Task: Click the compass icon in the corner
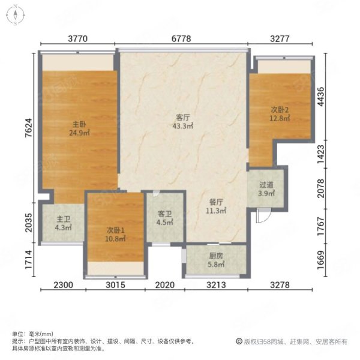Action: click(15, 15)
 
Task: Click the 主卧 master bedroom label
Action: click(79, 124)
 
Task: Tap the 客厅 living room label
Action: click(183, 118)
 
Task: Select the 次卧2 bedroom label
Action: click(280, 110)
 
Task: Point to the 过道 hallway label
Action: click(266, 185)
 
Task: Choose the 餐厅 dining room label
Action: click(216, 202)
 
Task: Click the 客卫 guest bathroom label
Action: click(165, 214)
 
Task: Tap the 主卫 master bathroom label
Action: click(64, 219)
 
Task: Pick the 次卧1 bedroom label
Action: click(115, 230)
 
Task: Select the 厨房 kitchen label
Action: click(216, 256)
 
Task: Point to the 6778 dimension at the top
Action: click(181, 38)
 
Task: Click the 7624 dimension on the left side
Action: click(29, 128)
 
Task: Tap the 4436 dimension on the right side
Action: click(321, 97)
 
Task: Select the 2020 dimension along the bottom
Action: click(165, 285)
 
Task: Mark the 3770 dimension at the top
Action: click(78, 38)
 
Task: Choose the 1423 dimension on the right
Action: click(321, 154)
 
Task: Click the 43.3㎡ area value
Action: click(183, 126)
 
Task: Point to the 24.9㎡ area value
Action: click(79, 133)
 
